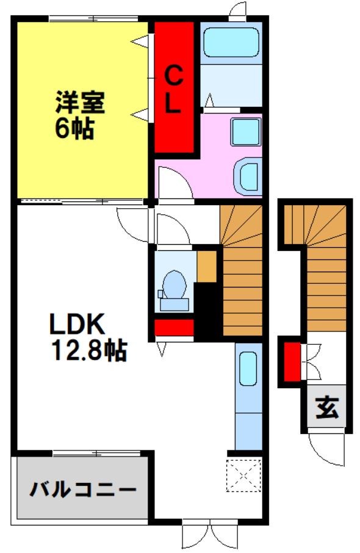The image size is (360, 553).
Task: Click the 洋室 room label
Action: [80, 103]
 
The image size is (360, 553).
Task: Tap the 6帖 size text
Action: [74, 129]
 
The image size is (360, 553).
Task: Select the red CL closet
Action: [174, 87]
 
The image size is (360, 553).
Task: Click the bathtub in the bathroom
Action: [231, 42]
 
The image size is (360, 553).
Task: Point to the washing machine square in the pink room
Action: [246, 132]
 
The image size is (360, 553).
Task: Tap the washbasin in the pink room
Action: [248, 177]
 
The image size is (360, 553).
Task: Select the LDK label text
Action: [77, 323]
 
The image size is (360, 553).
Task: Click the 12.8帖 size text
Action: [89, 350]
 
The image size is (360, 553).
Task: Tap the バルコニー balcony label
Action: [83, 489]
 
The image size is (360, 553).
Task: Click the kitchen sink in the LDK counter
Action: [248, 369]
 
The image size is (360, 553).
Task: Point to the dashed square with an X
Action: [243, 475]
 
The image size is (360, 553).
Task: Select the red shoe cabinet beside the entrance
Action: [292, 362]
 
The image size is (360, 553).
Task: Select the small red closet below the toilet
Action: [174, 327]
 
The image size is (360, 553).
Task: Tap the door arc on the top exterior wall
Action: [237, 9]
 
